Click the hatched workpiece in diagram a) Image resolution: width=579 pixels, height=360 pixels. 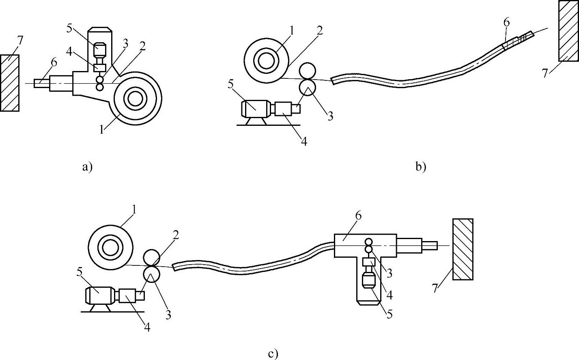point(10,83)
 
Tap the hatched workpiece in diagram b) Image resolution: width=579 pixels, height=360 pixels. point(568,31)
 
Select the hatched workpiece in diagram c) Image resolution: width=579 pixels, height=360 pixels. point(463,249)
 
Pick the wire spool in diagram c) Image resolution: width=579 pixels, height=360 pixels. point(111,247)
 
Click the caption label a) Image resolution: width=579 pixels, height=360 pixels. point(87,166)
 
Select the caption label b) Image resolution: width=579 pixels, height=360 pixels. point(421,166)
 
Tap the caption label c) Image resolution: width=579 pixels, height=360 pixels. point(273,354)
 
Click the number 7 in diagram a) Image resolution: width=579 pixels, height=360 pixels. point(20,41)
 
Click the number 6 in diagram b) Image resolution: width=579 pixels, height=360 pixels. point(506,23)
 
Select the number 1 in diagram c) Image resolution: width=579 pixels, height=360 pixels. point(134,210)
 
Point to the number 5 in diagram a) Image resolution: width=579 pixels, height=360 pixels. point(69,28)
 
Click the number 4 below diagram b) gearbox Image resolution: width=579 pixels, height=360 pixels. point(304,141)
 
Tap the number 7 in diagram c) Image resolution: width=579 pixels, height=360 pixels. point(435,289)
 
